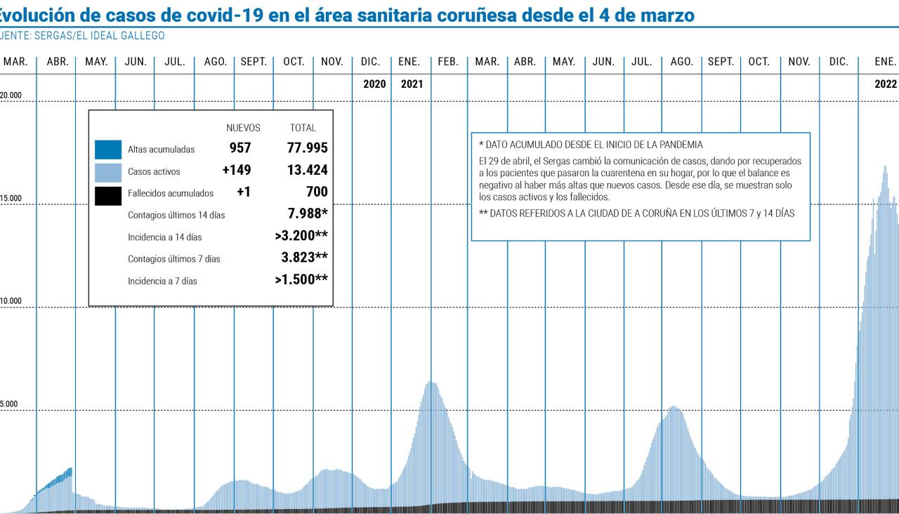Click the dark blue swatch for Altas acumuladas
point(107,150)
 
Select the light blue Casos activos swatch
point(107,171)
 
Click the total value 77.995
point(307,148)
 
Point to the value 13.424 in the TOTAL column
point(307,170)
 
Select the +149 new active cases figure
point(236,170)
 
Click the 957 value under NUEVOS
point(240,148)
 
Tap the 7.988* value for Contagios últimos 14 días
point(308,213)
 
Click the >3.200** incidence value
point(301,235)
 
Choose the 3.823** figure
point(304,257)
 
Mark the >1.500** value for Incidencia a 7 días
point(301,279)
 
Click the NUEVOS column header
point(243,128)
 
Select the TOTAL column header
point(303,128)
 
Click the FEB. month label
point(448,62)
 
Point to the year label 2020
point(374,84)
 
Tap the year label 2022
point(886,84)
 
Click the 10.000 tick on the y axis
point(11,301)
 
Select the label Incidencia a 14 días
point(164,237)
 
